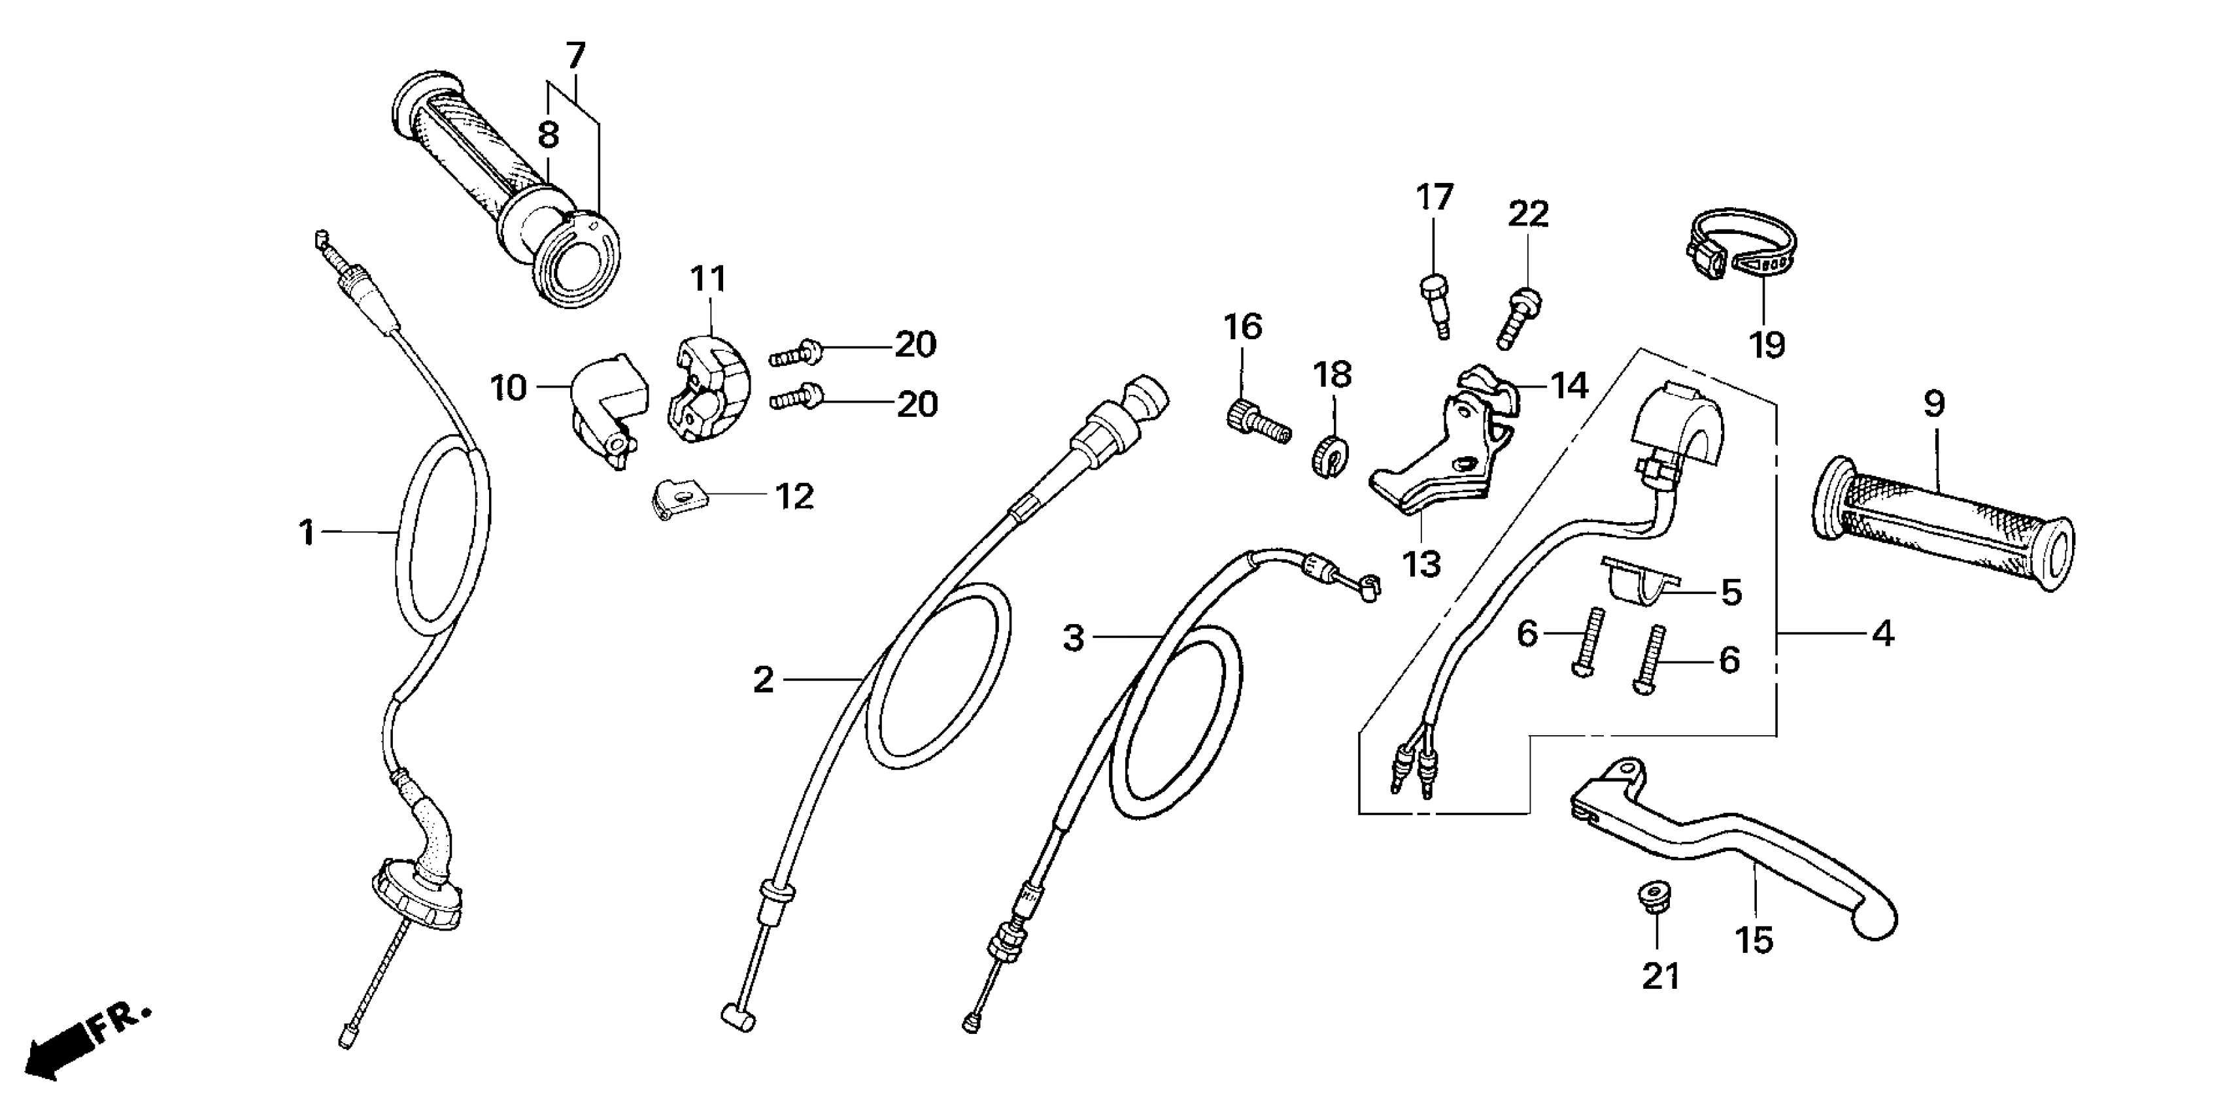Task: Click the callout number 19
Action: point(1767,345)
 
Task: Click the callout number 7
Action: point(576,56)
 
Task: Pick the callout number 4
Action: point(1882,634)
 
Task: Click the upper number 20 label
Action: point(915,345)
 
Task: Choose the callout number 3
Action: point(1073,638)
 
